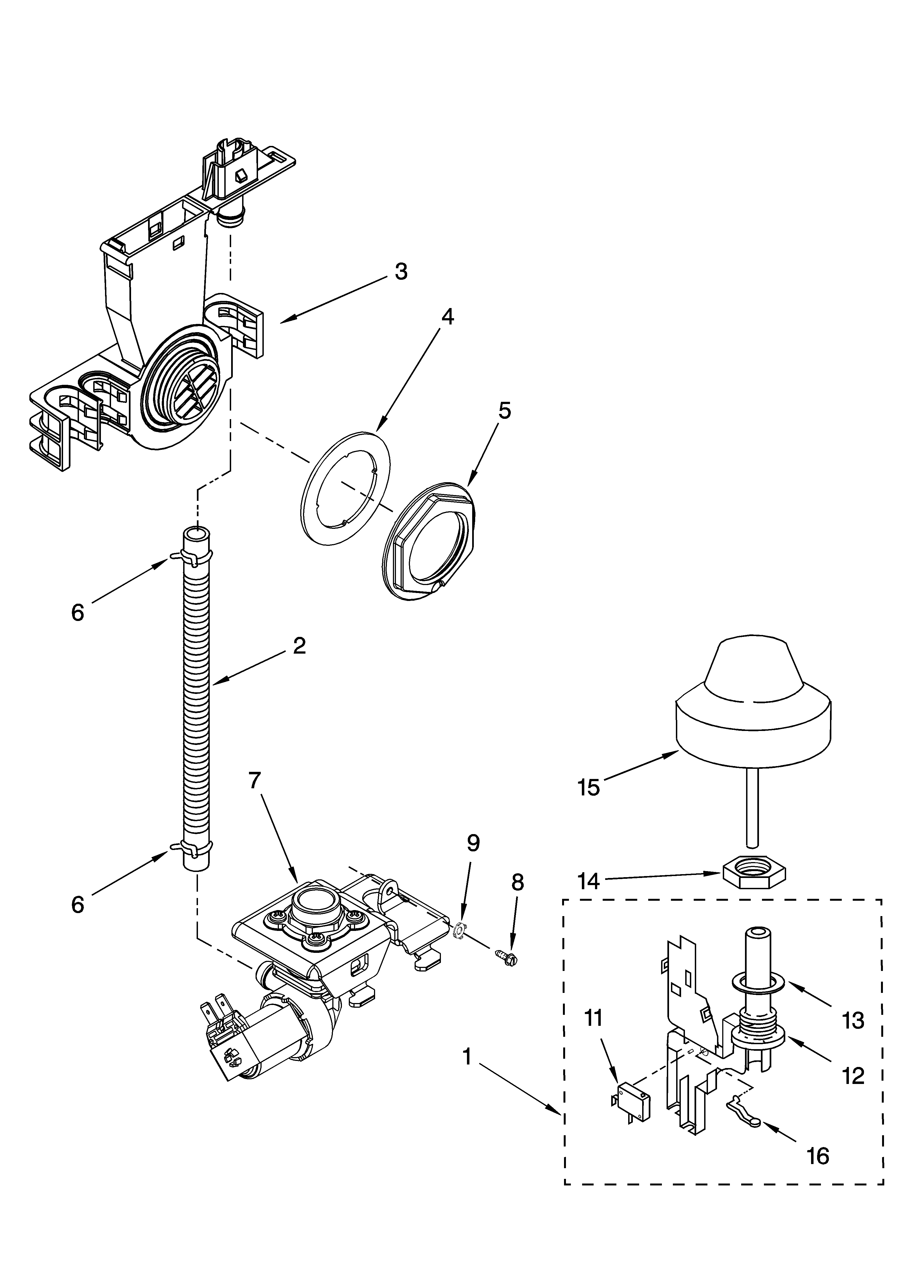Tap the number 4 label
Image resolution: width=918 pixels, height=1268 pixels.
447,317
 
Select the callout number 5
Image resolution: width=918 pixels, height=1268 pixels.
504,411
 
